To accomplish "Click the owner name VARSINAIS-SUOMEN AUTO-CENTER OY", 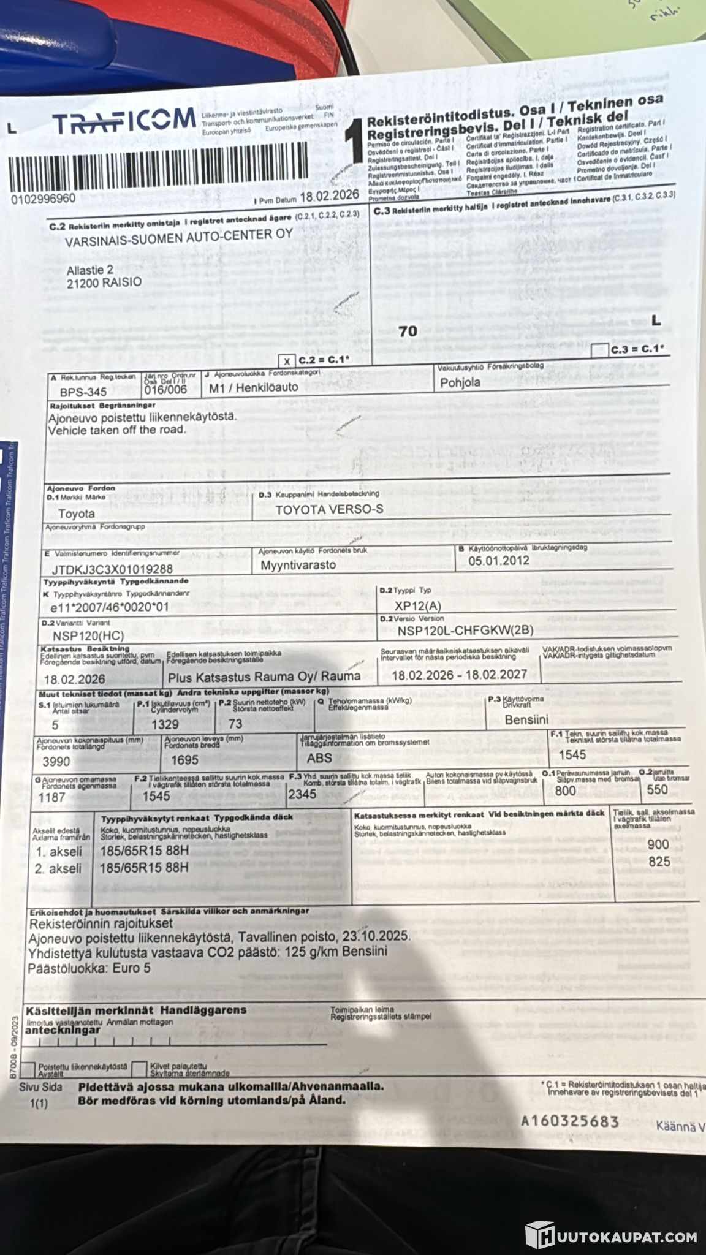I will pyautogui.click(x=179, y=237).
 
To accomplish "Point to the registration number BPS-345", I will pyautogui.click(x=83, y=392).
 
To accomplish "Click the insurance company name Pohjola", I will pyautogui.click(x=461, y=383).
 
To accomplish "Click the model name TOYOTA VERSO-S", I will pyautogui.click(x=329, y=509).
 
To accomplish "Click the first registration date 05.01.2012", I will pyautogui.click(x=499, y=560).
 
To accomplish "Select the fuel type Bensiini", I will pyautogui.click(x=526, y=719).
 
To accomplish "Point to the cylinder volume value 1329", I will pyautogui.click(x=165, y=724).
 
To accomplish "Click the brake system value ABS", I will pyautogui.click(x=319, y=758).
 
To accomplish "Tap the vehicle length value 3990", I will pyautogui.click(x=56, y=762).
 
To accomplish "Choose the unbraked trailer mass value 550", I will pyautogui.click(x=657, y=789).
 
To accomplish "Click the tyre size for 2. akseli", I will pyautogui.click(x=144, y=868).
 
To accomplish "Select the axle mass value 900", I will pyautogui.click(x=659, y=845).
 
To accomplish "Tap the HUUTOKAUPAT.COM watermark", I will pyautogui.click(x=612, y=1233).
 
